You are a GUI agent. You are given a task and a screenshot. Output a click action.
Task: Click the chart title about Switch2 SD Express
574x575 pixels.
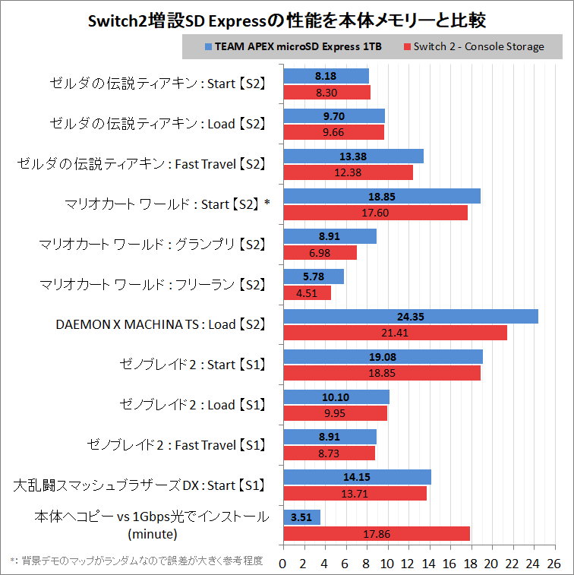pos(287,17)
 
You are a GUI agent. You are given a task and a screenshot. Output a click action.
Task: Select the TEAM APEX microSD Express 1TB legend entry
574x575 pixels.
pos(292,46)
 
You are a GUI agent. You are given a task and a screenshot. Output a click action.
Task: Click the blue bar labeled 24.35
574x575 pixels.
pos(410,317)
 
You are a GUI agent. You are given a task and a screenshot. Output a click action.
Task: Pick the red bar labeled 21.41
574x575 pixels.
pos(395,333)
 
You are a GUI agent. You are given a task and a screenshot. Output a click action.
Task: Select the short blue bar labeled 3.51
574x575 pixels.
pos(301,517)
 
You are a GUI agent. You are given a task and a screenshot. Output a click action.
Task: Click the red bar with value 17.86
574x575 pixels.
pos(376,533)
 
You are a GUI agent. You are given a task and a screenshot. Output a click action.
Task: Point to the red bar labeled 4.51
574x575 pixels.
pos(307,292)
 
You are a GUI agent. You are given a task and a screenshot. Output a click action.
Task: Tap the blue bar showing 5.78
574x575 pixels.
pos(313,276)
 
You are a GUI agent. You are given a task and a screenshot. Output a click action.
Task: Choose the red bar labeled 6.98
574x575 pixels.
pos(320,252)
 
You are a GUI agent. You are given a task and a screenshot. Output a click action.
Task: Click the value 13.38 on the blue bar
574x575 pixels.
pos(353,156)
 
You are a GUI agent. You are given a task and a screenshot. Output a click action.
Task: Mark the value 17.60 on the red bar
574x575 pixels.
pos(375,213)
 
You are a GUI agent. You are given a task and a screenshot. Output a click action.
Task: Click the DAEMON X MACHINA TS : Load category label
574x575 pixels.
pos(160,324)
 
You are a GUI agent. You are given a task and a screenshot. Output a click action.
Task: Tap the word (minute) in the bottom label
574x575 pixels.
pos(152,533)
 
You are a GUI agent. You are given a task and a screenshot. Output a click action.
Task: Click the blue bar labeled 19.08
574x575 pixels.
pos(383,357)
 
